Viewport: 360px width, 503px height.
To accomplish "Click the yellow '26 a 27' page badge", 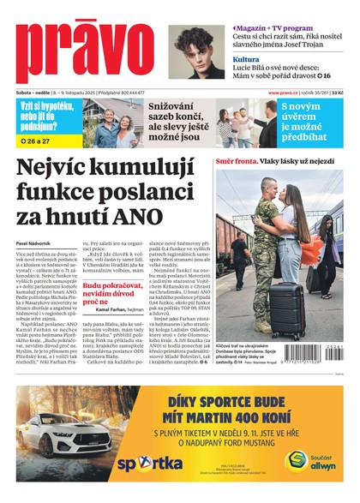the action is pos(38,140).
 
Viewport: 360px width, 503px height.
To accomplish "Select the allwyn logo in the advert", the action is pos(316,461).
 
